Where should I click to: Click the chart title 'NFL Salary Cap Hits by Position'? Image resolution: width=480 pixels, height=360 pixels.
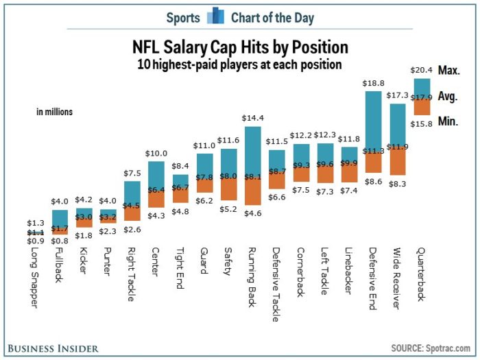point(240,47)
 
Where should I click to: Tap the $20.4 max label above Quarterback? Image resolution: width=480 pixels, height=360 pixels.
point(420,70)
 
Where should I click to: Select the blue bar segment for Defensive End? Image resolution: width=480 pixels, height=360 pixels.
point(373,121)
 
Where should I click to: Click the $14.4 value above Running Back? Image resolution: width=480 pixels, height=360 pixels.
point(252,118)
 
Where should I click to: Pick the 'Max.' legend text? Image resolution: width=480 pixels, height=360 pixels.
point(448,70)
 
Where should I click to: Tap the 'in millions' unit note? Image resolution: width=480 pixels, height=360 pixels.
point(55,112)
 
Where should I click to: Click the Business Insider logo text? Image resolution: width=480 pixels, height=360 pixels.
point(53,347)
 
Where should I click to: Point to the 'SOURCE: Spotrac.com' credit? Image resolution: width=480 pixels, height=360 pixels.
point(431,348)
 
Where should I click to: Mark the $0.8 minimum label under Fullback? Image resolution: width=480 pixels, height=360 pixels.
point(60,241)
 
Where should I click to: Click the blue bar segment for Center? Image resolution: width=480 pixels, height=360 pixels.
point(156,174)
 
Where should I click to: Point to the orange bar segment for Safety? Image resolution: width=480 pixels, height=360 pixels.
point(228,191)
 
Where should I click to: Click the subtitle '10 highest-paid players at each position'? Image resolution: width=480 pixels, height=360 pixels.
point(239,65)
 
